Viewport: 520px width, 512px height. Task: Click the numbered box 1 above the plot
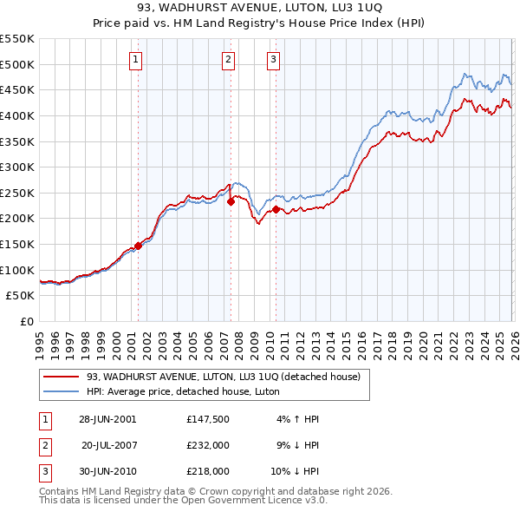point(137,60)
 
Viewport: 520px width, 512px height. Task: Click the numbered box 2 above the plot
point(228,60)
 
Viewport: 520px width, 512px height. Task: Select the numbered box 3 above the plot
point(273,60)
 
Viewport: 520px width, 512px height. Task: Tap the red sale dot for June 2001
point(138,246)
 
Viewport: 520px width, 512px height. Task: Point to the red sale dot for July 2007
point(231,202)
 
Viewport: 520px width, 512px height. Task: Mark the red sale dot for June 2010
point(276,209)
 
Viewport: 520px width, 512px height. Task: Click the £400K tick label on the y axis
point(17,115)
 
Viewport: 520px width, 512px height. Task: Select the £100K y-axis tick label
point(17,270)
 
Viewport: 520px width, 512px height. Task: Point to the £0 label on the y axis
point(25,321)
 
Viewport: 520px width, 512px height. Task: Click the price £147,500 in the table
point(207,419)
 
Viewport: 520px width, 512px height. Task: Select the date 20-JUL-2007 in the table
point(109,445)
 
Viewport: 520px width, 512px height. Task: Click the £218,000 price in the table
point(207,471)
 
